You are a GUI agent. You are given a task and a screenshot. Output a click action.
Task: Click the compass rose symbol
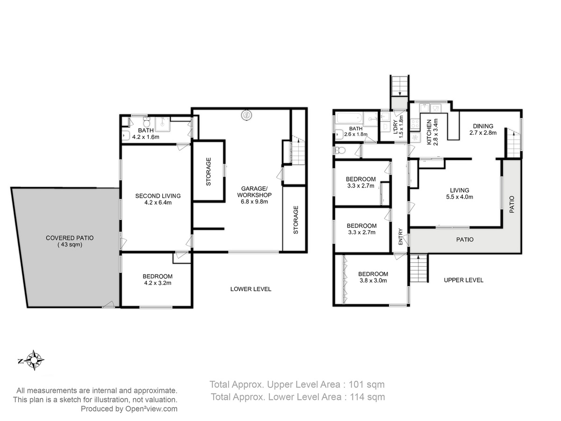34,360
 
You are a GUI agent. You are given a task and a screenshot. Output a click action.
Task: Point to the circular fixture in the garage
246,115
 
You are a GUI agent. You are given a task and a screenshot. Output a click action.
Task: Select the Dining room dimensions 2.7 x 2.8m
483,133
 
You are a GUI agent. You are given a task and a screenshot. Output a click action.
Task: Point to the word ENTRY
400,236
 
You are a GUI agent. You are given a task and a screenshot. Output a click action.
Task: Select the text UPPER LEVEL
463,280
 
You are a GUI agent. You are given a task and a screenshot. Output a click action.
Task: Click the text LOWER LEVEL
251,289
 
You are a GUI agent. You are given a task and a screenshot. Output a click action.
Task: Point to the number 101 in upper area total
356,385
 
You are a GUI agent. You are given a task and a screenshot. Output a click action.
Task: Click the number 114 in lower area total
357,397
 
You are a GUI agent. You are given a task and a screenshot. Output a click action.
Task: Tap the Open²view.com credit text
151,409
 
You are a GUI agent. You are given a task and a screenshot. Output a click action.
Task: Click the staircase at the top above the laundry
399,86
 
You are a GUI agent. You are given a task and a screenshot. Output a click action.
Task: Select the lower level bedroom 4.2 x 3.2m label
158,280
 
